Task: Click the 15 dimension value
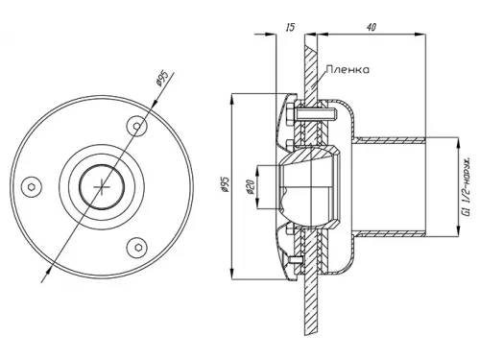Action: point(290,27)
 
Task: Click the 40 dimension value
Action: point(372,27)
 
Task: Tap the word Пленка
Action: point(348,69)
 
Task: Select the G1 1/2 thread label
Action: point(467,186)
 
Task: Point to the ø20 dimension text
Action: point(251,187)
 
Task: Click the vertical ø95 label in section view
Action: point(225,183)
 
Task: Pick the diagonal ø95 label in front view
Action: point(163,78)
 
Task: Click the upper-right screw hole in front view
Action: point(137,126)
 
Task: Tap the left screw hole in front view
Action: point(32,187)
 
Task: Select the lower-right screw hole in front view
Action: point(137,248)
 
